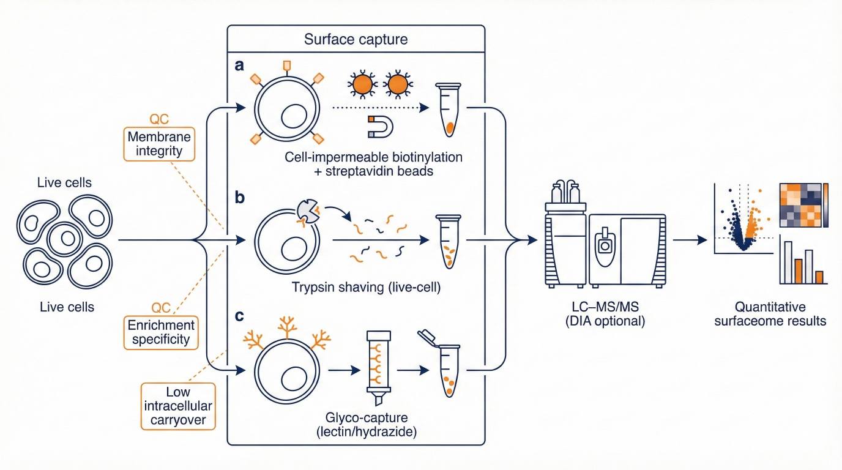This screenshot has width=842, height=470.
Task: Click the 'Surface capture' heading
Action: (x=356, y=40)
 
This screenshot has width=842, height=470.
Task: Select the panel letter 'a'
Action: (x=240, y=65)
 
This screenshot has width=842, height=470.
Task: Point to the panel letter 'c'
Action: (x=239, y=318)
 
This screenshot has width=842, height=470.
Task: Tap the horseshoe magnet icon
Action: (x=379, y=127)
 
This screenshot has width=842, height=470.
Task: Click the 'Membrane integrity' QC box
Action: (x=159, y=144)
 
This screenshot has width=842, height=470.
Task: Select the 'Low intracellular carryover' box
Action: (x=178, y=405)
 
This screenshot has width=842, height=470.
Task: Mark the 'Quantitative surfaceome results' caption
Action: (x=770, y=313)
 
